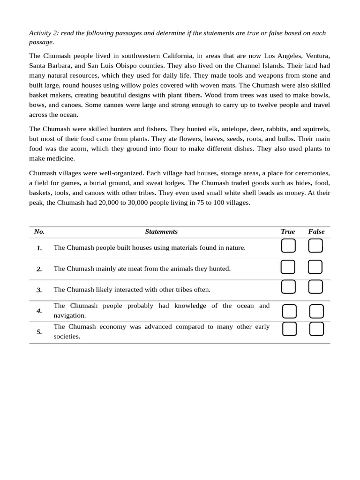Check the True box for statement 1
[x=288, y=246]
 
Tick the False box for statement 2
[x=315, y=267]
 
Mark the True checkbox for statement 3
[x=288, y=287]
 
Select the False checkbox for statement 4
[x=316, y=311]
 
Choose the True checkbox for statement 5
[x=289, y=329]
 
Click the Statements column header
[x=161, y=232]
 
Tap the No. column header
[x=39, y=232]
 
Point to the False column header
[x=316, y=232]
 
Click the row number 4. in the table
[x=39, y=311]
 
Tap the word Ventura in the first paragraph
[x=317, y=56]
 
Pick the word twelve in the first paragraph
[x=277, y=105]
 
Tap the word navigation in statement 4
[x=70, y=315]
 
